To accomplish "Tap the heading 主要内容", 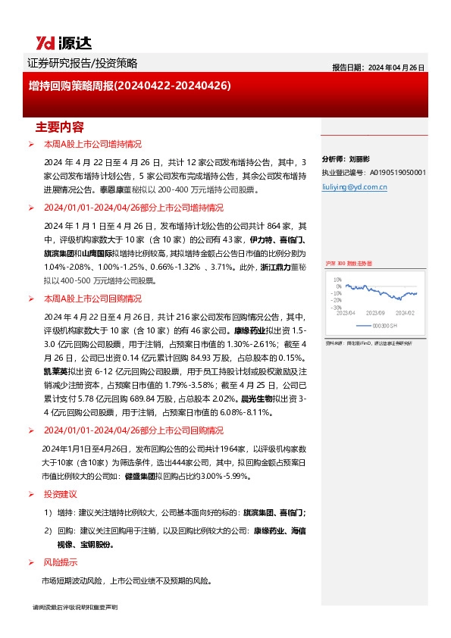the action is point(59,127).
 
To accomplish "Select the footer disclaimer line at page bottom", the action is point(75,608).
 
